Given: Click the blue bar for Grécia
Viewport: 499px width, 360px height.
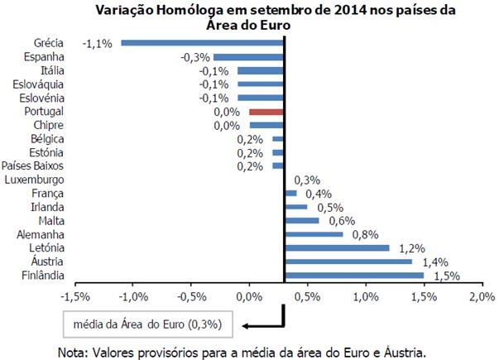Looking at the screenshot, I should pyautogui.click(x=202, y=42).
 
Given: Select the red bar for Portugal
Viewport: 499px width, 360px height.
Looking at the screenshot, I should pyautogui.click(x=266, y=111).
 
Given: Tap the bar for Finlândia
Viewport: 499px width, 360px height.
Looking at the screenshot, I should pyautogui.click(x=353, y=275).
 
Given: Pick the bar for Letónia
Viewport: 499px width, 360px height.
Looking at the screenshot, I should pyautogui.click(x=336, y=247).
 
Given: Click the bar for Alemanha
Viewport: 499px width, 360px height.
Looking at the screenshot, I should pyautogui.click(x=313, y=234).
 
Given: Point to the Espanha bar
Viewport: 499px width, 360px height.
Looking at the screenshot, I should pyautogui.click(x=248, y=56).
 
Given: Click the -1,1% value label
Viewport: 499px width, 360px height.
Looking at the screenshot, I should pyautogui.click(x=98, y=42).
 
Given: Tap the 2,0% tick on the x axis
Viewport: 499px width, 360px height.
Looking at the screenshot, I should pyautogui.click(x=482, y=295).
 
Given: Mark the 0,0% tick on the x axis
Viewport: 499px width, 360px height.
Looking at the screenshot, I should pyautogui.click(x=249, y=295).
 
